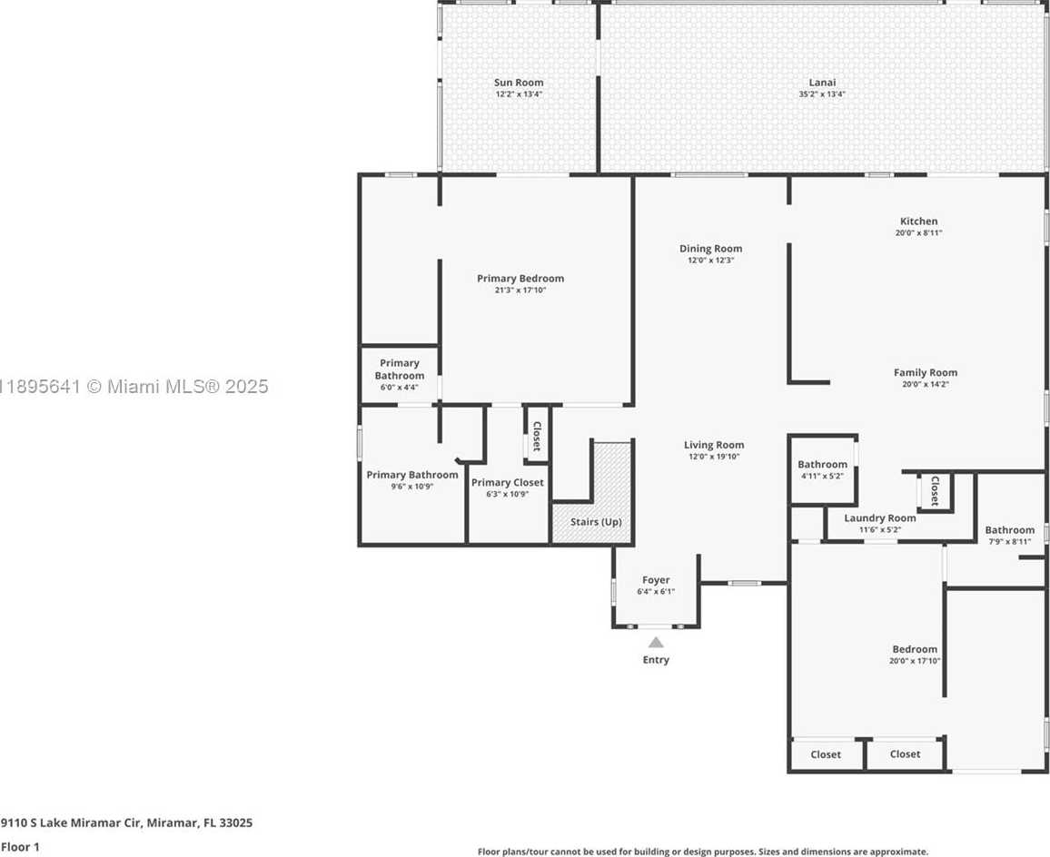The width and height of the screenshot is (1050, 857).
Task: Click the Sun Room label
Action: pyautogui.click(x=519, y=83)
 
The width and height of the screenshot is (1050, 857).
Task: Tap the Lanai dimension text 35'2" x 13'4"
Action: pyautogui.click(x=822, y=94)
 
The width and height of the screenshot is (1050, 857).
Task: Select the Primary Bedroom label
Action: pyautogui.click(x=520, y=279)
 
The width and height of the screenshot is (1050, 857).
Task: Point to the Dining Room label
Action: pyautogui.click(x=710, y=249)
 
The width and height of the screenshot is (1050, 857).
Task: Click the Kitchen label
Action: pyautogui.click(x=919, y=221)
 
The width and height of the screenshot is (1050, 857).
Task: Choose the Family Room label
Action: pyautogui.click(x=926, y=372)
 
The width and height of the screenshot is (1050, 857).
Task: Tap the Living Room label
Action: pyautogui.click(x=714, y=445)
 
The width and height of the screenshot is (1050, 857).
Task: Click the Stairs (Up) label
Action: pyautogui.click(x=596, y=522)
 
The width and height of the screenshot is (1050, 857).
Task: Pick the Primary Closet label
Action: pyautogui.click(x=508, y=483)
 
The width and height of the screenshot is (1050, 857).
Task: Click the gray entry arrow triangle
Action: pyautogui.click(x=656, y=643)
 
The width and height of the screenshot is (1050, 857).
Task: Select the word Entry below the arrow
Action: pyautogui.click(x=656, y=659)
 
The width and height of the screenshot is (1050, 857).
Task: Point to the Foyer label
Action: pyautogui.click(x=656, y=580)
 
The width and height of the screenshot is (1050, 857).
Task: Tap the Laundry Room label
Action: pyautogui.click(x=880, y=517)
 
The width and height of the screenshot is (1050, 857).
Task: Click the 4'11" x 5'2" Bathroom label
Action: pyautogui.click(x=822, y=464)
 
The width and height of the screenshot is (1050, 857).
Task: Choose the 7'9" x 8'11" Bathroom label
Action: pyautogui.click(x=1010, y=529)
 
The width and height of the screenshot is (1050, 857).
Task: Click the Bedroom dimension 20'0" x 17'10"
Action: pyautogui.click(x=915, y=661)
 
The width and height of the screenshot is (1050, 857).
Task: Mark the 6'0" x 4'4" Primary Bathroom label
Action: pyautogui.click(x=399, y=369)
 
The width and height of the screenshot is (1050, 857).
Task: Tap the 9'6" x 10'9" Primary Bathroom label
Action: pyautogui.click(x=412, y=475)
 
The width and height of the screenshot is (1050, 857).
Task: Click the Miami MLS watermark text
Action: pyautogui.click(x=134, y=387)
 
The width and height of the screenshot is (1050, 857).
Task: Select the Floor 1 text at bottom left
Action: pyautogui.click(x=20, y=847)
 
